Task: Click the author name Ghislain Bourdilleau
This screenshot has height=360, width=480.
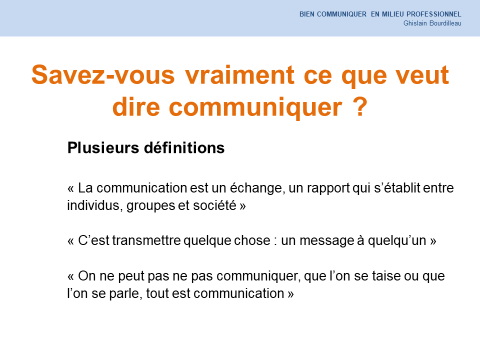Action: [x=432, y=23]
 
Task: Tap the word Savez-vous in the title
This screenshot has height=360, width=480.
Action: [x=103, y=74]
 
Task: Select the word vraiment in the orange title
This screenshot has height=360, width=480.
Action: [x=239, y=74]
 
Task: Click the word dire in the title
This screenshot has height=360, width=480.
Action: [x=136, y=106]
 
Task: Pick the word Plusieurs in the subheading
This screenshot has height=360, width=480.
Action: [x=103, y=147]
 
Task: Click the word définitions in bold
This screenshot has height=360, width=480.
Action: [x=184, y=147]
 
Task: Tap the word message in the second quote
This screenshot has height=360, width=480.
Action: [x=326, y=241]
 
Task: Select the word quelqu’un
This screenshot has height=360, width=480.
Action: [x=397, y=241]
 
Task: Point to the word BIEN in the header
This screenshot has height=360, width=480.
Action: [x=306, y=14]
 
